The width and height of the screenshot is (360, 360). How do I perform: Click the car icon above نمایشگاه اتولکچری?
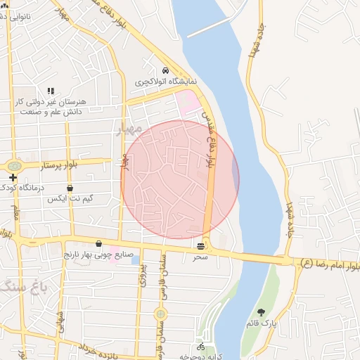[165, 71]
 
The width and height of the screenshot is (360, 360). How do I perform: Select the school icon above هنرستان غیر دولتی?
[50, 91]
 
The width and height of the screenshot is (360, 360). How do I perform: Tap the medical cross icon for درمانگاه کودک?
[13, 177]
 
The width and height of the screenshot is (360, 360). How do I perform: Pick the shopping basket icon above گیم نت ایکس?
[70, 188]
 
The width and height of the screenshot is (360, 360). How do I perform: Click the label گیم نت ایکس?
[70, 200]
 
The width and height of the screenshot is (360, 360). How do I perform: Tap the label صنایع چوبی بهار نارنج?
[99, 254]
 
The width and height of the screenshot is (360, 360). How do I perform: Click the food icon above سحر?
[202, 246]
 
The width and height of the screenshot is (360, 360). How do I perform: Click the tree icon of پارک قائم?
[262, 311]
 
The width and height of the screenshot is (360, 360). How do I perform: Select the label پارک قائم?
[262, 323]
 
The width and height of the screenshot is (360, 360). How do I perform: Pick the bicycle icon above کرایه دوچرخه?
[201, 347]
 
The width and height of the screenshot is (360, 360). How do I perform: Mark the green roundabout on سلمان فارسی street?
[161, 314]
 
